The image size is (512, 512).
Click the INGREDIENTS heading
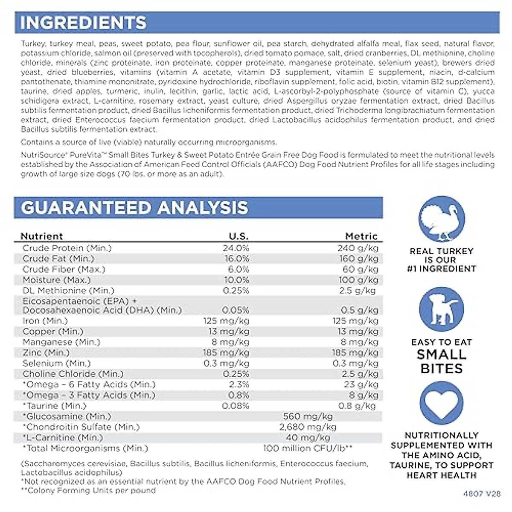coord(83,23)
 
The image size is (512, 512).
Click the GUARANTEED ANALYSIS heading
coord(134,208)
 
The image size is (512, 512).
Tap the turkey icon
coord(441,219)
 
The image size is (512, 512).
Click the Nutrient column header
coord(41,236)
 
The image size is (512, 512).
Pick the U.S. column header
coord(239,236)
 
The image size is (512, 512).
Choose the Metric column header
coord(361,236)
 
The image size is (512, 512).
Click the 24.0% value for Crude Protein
coord(236,248)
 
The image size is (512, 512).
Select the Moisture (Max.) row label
coord(56,280)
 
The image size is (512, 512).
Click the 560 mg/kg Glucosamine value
coord(308,416)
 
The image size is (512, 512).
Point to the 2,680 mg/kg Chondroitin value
coord(308,427)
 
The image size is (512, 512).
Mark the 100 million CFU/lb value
coord(308,448)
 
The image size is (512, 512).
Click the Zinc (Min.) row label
coord(46,353)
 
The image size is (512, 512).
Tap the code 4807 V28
coord(481,494)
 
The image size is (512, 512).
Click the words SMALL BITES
coord(441,361)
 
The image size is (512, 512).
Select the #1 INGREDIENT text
coord(441,269)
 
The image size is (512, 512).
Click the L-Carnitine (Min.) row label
coord(63,438)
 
